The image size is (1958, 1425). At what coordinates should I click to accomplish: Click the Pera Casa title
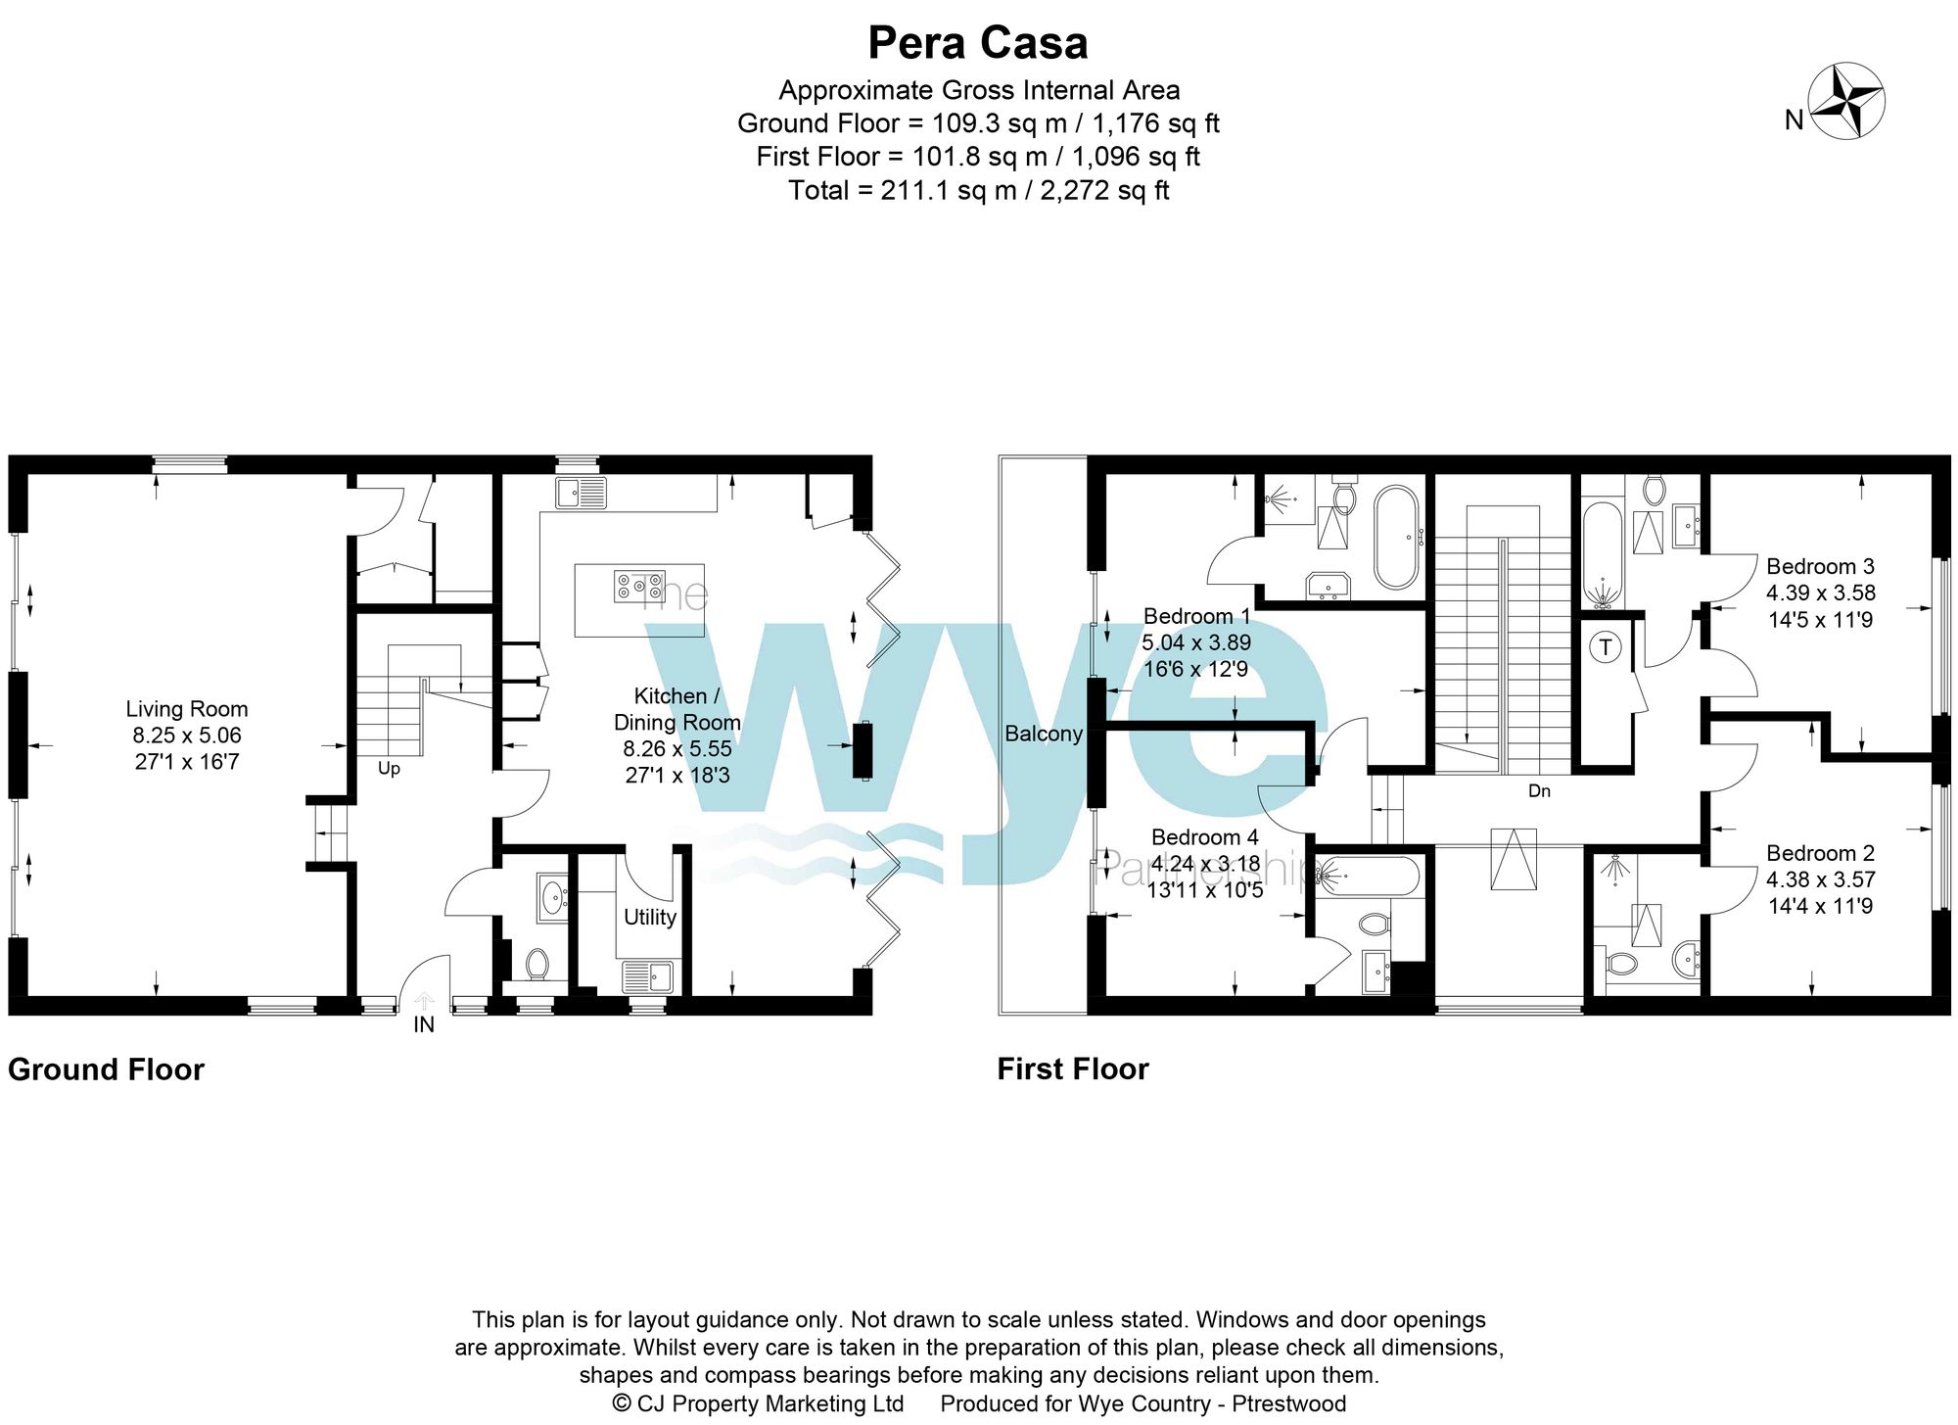(977, 43)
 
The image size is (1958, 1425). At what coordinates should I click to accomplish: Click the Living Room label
(186, 709)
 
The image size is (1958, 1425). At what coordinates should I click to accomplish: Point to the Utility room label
(650, 917)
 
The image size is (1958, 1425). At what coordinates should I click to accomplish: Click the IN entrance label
(424, 1024)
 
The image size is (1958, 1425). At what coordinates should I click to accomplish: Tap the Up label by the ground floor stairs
(389, 769)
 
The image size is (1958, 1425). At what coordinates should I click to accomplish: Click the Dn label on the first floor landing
(1539, 790)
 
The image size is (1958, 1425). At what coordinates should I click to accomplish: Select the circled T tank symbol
(1605, 647)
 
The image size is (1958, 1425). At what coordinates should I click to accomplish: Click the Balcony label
(1044, 734)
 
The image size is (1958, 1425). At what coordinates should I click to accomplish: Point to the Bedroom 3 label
(1820, 566)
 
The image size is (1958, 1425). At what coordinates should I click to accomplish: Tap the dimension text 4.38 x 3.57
(1820, 879)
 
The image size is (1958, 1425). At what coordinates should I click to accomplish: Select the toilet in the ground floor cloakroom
(536, 963)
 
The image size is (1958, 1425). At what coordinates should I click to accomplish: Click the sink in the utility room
(647, 976)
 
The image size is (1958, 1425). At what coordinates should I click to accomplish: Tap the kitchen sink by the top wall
(581, 493)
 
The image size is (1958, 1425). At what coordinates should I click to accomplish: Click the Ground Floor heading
(106, 1069)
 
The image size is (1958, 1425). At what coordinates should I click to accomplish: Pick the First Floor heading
(1072, 1069)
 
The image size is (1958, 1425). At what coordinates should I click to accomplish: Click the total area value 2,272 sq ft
(1104, 190)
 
